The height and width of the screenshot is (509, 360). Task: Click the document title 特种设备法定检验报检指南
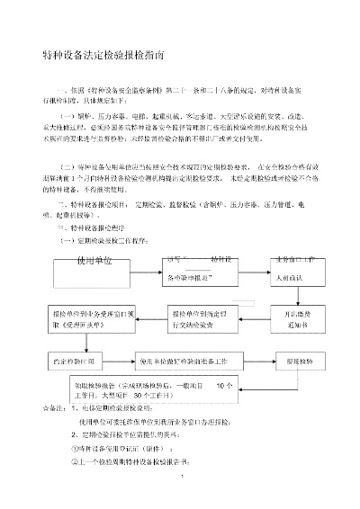click(104, 56)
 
